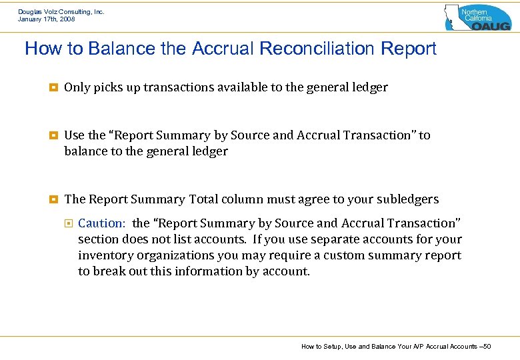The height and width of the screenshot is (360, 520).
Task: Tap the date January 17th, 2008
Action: coord(47,19)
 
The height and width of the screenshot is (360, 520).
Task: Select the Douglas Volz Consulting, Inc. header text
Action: coord(61,11)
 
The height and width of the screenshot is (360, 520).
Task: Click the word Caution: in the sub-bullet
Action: coord(101,223)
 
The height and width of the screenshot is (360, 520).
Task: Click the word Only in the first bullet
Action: coord(77,87)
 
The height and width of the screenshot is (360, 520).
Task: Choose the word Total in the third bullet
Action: coord(203,199)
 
